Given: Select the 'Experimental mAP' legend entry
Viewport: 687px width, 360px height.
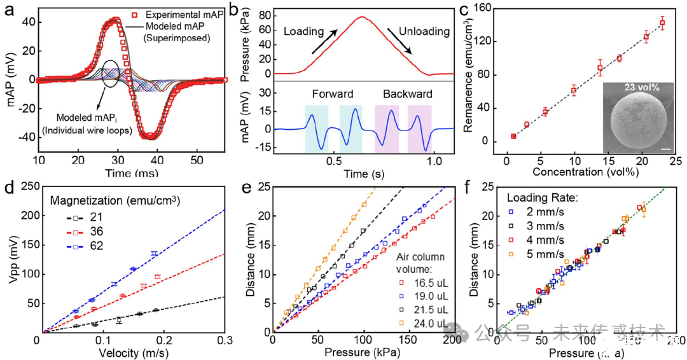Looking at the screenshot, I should point(179,15).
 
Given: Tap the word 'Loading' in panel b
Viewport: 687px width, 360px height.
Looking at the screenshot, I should point(304,31).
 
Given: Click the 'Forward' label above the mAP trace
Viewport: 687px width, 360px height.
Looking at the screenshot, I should point(332,94).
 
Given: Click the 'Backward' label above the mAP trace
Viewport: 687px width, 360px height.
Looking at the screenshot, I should point(407,94).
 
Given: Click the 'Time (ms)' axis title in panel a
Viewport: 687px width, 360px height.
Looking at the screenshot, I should point(131,172).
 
